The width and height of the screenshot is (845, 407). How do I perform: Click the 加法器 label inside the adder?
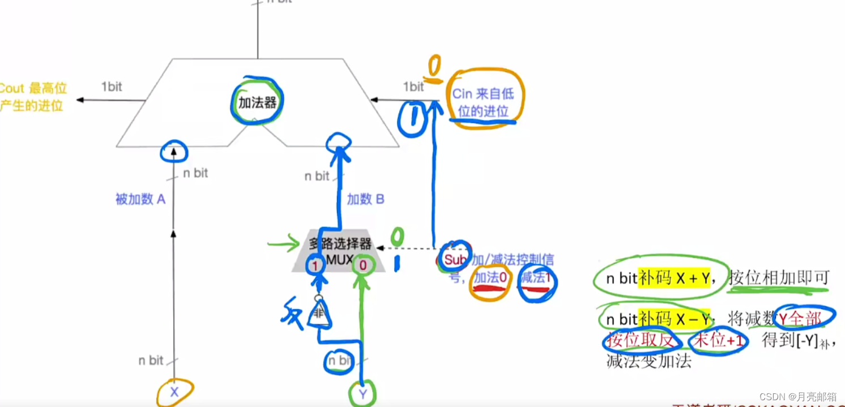258,103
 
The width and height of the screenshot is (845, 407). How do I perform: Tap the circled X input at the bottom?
174,392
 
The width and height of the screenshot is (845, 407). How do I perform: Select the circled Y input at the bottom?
362,393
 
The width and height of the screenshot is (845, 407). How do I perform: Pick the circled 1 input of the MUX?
314,264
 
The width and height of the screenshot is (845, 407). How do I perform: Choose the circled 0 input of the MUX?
362,264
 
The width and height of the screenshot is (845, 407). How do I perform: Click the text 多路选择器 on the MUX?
340,244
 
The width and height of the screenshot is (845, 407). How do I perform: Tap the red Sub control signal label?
454,259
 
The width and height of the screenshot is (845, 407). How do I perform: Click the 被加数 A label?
140,199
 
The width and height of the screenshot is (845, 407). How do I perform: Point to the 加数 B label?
365,199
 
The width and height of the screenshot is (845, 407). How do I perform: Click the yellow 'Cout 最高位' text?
33,88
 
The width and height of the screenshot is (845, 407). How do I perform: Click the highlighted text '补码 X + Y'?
674,278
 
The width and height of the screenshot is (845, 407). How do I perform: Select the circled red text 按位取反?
638,341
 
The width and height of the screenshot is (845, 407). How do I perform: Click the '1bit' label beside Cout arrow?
112,87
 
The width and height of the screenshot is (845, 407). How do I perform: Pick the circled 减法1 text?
535,277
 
